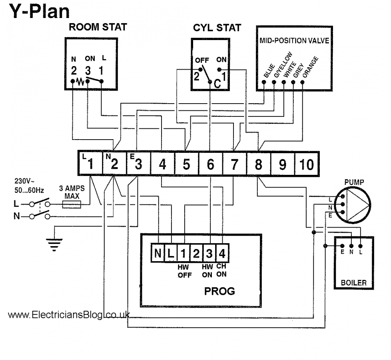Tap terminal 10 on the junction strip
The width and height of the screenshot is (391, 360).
click(307, 164)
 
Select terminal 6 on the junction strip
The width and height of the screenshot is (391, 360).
click(210, 164)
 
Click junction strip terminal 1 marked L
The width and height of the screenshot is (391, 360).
click(90, 164)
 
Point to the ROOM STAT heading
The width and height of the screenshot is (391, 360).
click(98, 28)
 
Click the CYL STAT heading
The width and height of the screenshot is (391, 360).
click(217, 28)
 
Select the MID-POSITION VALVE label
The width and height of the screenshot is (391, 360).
click(291, 40)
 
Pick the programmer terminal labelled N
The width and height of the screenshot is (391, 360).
click(158, 253)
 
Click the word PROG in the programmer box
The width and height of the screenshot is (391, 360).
click(219, 291)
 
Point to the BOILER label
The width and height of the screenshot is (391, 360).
click(353, 283)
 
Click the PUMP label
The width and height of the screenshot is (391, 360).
click(354, 182)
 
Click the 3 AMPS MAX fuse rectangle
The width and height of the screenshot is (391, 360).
click(72, 205)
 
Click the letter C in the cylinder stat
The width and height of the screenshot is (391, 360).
click(217, 84)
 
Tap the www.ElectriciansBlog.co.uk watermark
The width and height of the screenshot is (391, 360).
click(68, 315)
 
